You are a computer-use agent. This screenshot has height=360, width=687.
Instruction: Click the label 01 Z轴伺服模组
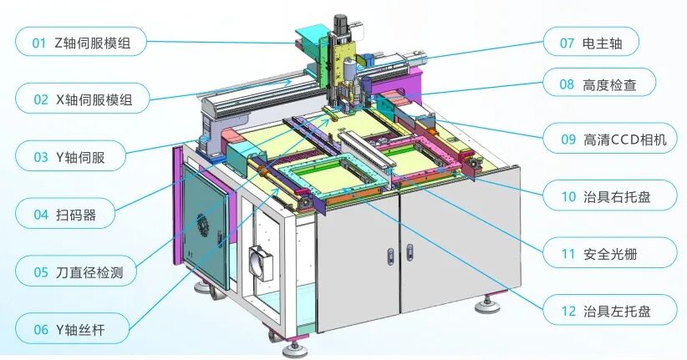coord(80,42)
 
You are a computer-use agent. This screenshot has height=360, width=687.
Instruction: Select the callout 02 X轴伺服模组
coord(82,99)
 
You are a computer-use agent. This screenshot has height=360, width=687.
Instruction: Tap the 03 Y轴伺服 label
coord(70,156)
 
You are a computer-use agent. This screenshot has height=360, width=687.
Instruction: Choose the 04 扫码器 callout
coord(65,214)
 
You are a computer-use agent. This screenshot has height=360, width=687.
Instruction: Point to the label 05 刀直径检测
coord(76,271)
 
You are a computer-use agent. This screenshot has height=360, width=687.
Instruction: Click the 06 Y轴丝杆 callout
coord(72,329)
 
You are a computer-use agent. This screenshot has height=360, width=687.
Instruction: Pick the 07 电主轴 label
coord(591,43)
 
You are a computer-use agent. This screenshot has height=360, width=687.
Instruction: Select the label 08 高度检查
coord(599,84)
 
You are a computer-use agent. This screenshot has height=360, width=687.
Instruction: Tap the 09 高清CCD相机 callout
coord(610,139)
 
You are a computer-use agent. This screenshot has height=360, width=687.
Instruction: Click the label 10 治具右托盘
coord(610,195)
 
